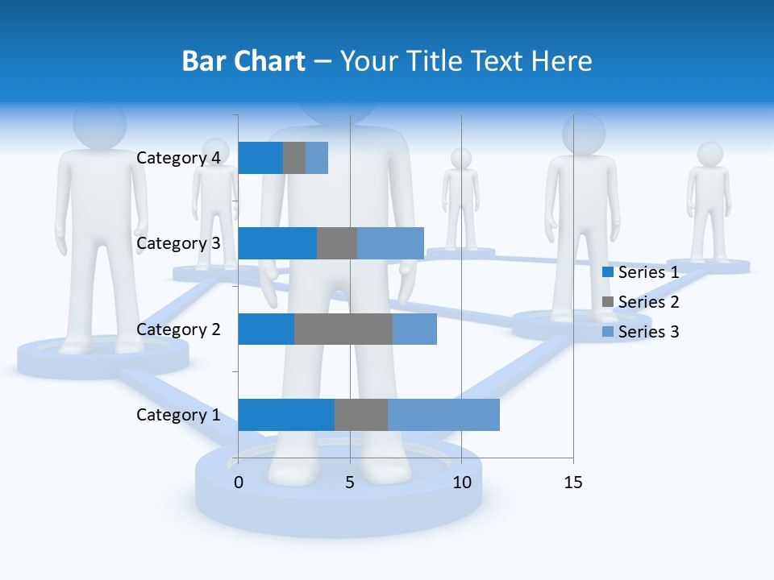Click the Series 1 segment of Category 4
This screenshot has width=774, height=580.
coord(260,158)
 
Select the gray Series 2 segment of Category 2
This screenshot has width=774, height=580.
coord(343,329)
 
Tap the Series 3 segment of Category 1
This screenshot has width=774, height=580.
coord(443,415)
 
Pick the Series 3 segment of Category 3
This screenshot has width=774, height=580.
coord(390,243)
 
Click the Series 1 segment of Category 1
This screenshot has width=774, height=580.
coord(286,415)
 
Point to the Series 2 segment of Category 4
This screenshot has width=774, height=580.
coord(294,158)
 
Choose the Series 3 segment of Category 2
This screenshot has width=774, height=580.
coord(414,329)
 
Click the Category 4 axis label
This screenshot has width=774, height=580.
coord(178,158)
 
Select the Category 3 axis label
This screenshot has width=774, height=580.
coord(178,243)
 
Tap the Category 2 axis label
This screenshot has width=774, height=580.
coord(178,329)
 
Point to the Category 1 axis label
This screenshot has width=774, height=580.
coord(178,415)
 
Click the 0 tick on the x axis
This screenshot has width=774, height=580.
coord(239,483)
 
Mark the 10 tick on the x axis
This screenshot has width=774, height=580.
coord(461,483)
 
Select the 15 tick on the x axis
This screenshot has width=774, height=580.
coord(572,483)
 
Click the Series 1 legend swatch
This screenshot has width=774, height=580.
coord(608,272)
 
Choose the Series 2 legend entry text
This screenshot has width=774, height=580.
coord(648,302)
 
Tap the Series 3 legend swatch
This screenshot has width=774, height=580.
coord(608,332)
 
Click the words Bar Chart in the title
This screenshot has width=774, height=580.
coord(243,61)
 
